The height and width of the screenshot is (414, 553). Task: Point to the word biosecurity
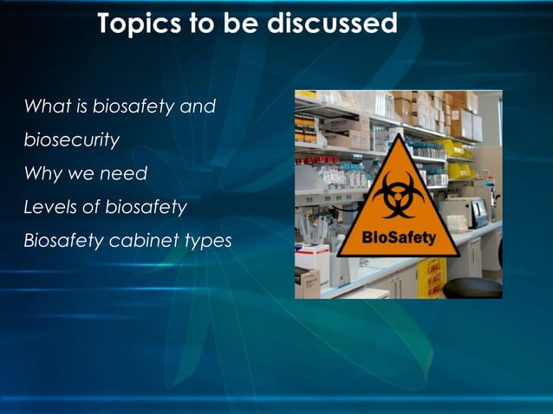click(72, 140)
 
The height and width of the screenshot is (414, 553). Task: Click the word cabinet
click(141, 240)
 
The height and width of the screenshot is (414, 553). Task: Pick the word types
click(206, 241)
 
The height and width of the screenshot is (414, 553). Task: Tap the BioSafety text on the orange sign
click(399, 237)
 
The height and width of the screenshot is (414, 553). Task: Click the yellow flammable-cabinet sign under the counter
click(431, 279)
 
